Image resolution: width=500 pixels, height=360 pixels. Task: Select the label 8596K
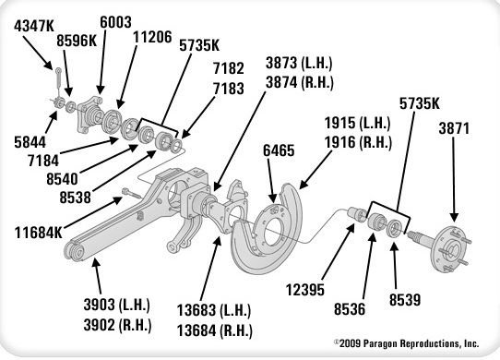(77, 42)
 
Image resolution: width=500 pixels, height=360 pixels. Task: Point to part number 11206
(152, 39)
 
